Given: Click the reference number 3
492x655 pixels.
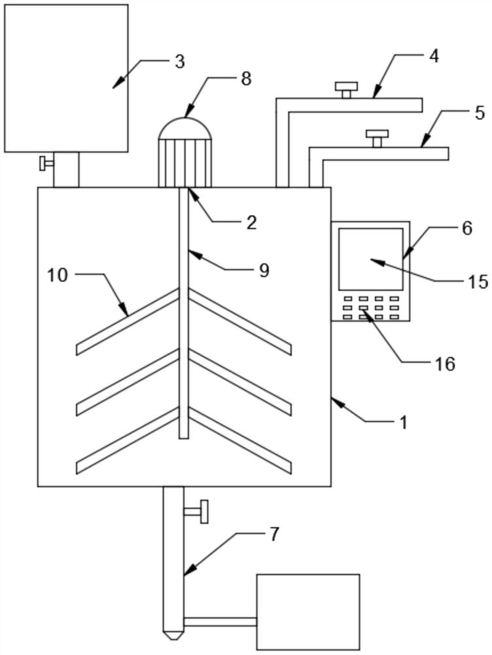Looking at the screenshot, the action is (x=179, y=62).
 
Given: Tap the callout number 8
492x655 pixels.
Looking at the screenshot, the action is (x=246, y=79).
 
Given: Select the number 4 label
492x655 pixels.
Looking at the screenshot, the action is (x=434, y=56).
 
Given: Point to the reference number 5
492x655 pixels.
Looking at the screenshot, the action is (x=480, y=113).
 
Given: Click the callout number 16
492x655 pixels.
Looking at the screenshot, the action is (x=446, y=364).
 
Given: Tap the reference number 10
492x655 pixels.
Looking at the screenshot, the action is (x=57, y=275).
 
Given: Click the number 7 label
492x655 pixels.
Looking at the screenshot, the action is (x=273, y=534).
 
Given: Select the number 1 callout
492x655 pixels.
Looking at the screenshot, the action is (x=403, y=422).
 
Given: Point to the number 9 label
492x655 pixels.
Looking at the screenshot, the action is (x=264, y=271).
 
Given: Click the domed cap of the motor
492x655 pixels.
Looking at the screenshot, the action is (x=185, y=128).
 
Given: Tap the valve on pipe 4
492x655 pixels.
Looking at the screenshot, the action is (x=346, y=90).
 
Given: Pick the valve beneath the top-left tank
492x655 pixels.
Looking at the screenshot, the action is (x=46, y=163).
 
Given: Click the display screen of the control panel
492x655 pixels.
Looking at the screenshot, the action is (x=371, y=259).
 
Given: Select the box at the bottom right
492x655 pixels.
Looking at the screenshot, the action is (x=308, y=612).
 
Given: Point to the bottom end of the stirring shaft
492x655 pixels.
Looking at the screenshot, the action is (x=184, y=438).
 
